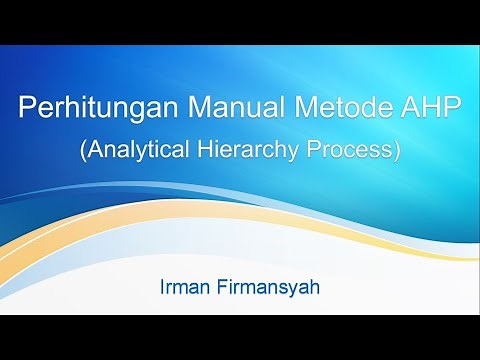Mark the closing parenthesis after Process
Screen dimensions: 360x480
coord(397,151)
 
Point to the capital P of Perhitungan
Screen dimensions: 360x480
coord(26,108)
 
